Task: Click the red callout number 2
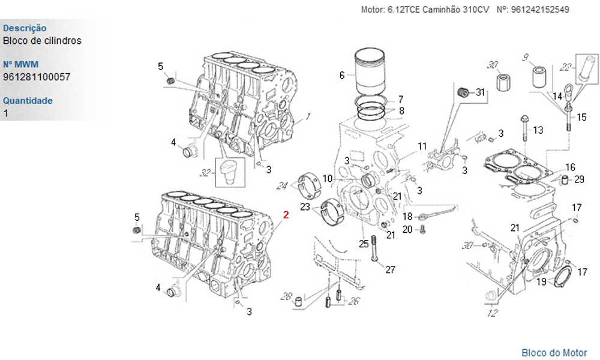[286, 214]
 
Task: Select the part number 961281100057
[36, 77]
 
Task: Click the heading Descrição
[25, 28]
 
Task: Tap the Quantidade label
[28, 100]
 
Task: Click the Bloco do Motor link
[554, 353]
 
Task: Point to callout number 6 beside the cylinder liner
[342, 76]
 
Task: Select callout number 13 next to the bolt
[538, 130]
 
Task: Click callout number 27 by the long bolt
[390, 269]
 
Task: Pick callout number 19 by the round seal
[541, 281]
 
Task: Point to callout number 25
[363, 244]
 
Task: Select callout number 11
[422, 146]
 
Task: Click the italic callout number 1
[308, 116]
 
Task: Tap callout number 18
[407, 217]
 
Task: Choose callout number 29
[579, 179]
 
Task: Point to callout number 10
[328, 178]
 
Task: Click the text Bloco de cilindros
[42, 41]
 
